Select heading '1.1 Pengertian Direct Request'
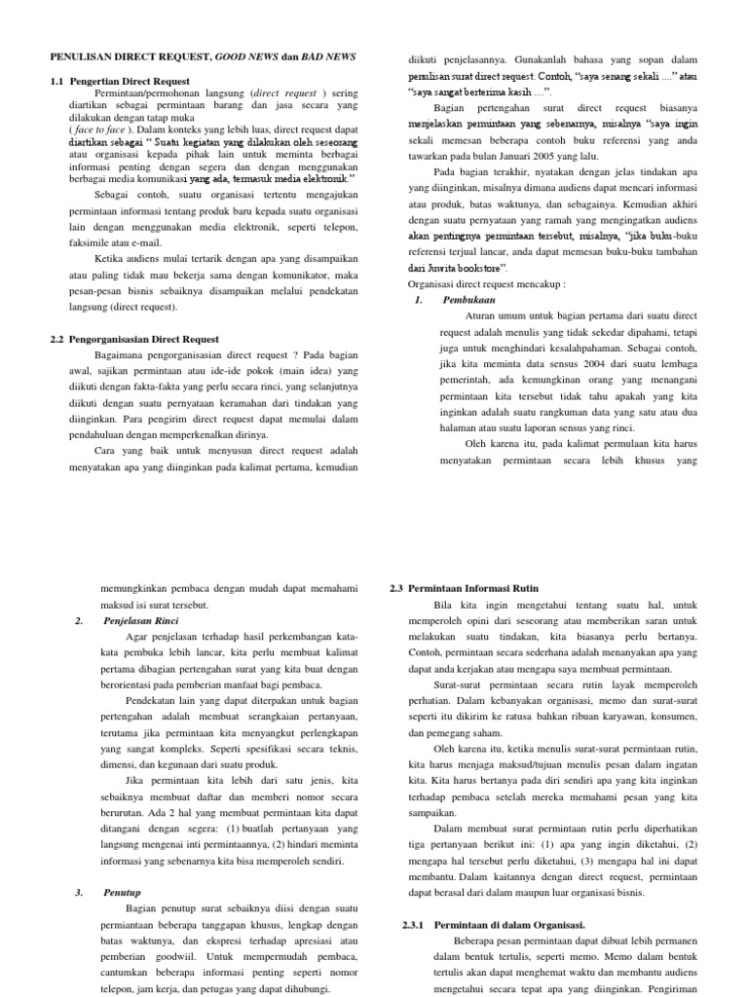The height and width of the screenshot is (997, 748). pos(131,81)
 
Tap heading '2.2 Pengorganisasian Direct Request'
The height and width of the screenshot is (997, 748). pos(134,338)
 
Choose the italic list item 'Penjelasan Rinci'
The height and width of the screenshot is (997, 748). pos(141,619)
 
